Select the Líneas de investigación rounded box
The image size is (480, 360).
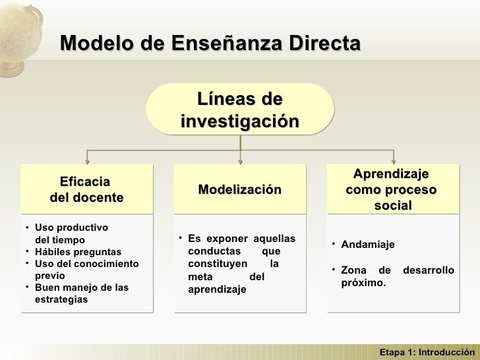point(239,109)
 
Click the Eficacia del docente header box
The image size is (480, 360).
point(86,189)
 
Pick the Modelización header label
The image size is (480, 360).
point(239,190)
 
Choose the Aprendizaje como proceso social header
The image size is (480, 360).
point(392,190)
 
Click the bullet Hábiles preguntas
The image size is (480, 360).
point(78,252)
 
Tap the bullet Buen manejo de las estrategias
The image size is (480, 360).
point(81,293)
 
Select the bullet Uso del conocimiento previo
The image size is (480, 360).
point(86,270)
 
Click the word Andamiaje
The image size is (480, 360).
point(368,245)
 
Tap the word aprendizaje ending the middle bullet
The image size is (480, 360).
point(217,289)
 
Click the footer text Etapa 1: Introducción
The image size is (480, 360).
point(427,352)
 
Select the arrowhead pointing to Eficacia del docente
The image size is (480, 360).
point(87,161)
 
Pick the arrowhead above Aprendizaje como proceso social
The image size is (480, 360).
point(393,161)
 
